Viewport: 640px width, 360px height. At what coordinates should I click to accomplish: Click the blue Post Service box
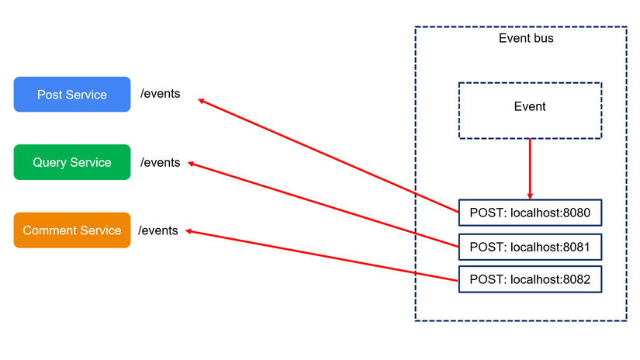pyautogui.click(x=72, y=95)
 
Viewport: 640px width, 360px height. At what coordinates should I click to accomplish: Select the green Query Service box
pyautogui.click(x=72, y=163)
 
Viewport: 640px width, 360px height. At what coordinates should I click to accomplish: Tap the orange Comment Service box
pyautogui.click(x=72, y=230)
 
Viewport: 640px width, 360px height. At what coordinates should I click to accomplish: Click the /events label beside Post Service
pyautogui.click(x=160, y=94)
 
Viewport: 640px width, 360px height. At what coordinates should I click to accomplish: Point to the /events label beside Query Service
pyautogui.click(x=160, y=162)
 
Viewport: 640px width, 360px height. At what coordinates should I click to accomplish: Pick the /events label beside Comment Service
pyautogui.click(x=158, y=230)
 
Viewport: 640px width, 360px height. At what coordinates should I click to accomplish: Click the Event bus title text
pyautogui.click(x=525, y=38)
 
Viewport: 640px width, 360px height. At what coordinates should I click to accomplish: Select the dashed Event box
pyautogui.click(x=530, y=110)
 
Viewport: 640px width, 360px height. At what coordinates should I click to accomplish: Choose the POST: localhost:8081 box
pyautogui.click(x=530, y=247)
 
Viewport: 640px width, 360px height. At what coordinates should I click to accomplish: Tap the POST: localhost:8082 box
pyautogui.click(x=530, y=279)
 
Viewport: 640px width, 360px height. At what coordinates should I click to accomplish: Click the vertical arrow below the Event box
pyautogui.click(x=530, y=168)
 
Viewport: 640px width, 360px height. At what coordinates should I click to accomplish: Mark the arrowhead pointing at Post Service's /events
pyautogui.click(x=201, y=100)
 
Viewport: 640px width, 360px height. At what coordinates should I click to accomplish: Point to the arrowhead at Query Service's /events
pyautogui.click(x=192, y=164)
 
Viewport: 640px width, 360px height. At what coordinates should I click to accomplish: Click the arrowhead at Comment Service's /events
pyautogui.click(x=187, y=230)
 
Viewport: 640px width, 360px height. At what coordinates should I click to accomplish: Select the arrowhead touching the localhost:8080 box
pyautogui.click(x=530, y=196)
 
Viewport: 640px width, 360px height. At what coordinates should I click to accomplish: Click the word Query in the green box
pyautogui.click(x=50, y=163)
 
